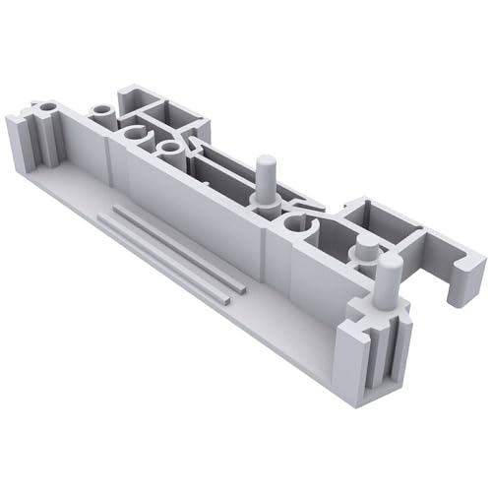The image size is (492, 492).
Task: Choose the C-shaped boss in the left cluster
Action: tap(135, 135)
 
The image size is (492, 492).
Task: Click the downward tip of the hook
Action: tap(455, 297)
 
